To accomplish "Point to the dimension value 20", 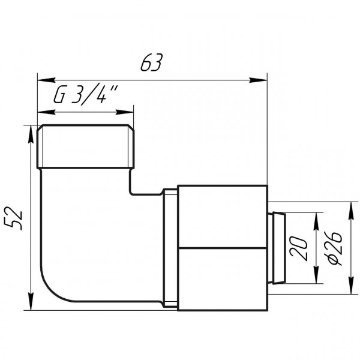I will click(301, 247).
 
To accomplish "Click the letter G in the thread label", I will click(60, 96).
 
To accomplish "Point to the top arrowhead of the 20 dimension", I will click(316, 215).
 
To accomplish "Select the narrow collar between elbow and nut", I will click(171, 248).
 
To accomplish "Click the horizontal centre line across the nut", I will click(222, 248).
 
